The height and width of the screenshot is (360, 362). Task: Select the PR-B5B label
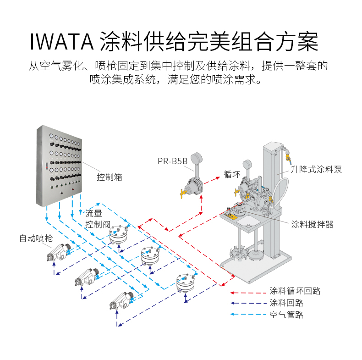tap(172, 161)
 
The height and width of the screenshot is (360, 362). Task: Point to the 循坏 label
tap(232, 174)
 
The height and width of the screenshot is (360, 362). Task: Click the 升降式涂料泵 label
tap(316, 169)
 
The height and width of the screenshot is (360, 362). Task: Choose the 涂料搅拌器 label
tap(312, 224)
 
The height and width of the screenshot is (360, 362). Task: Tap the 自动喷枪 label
tap(36, 238)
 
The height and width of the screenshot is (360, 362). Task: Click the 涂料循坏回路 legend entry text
tap(295, 291)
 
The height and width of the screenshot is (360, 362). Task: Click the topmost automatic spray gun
tap(59, 252)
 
